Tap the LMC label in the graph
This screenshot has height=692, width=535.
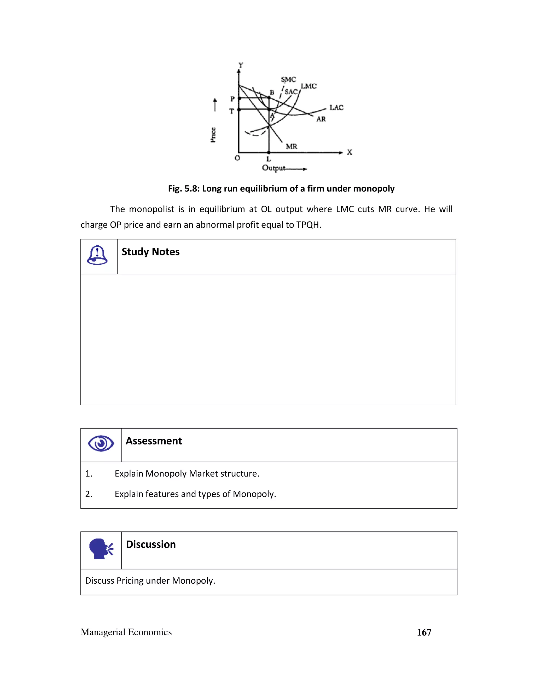[309, 86]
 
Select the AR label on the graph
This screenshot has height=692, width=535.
[321, 119]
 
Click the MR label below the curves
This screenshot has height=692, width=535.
[291, 146]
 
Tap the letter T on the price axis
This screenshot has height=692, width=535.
[231, 111]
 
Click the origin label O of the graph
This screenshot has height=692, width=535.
[237, 158]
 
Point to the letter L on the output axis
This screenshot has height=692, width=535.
[269, 159]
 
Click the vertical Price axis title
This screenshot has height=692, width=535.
[213, 135]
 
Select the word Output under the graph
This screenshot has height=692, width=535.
[273, 168]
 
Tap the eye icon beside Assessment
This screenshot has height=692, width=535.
[101, 443]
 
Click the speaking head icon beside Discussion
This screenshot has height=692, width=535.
[101, 549]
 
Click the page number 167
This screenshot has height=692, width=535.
[424, 632]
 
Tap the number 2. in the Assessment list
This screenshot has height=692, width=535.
[89, 494]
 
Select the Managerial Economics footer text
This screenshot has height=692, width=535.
[126, 632]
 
